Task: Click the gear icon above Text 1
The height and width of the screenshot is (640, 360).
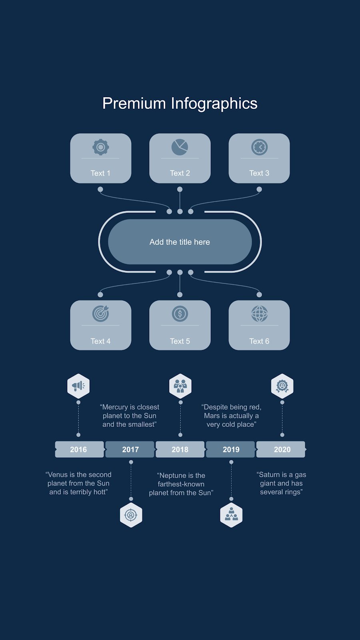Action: point(100,147)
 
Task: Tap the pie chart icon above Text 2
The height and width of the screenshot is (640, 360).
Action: point(180,147)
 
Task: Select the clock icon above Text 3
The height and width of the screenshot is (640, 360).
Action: point(260,147)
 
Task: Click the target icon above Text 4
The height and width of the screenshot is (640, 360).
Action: point(100,314)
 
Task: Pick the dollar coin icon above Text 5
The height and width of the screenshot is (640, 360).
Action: point(180,314)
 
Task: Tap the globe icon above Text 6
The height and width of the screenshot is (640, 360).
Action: point(260,314)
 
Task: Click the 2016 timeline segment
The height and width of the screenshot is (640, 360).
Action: point(80,449)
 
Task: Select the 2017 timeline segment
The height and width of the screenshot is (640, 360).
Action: point(130,449)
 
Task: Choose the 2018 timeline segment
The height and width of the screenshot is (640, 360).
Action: point(180,449)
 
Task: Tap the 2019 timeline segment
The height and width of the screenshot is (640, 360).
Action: point(230,449)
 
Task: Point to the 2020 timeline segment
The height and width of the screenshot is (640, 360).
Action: point(281,449)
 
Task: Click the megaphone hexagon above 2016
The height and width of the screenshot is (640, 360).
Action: point(78,386)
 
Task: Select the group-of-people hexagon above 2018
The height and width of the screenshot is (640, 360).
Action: point(180,386)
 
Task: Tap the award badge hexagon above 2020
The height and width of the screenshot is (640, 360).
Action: point(282,386)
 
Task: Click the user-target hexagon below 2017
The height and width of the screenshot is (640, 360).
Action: point(131,515)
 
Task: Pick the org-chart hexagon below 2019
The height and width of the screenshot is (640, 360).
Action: point(232,515)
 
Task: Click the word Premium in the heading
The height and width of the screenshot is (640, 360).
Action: point(134,103)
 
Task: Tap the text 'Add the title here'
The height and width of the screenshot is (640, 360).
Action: point(180,242)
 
